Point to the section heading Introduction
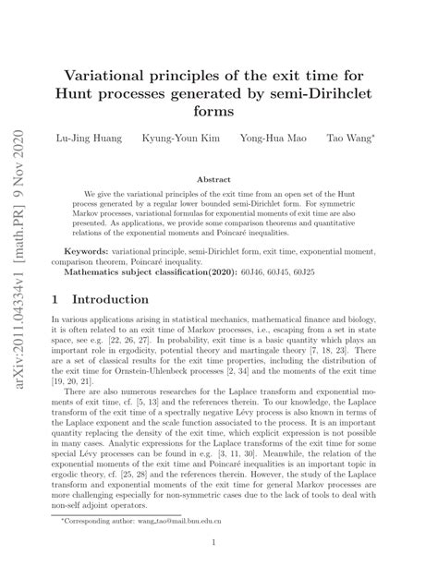coord(110,300)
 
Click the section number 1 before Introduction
coord(57,300)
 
